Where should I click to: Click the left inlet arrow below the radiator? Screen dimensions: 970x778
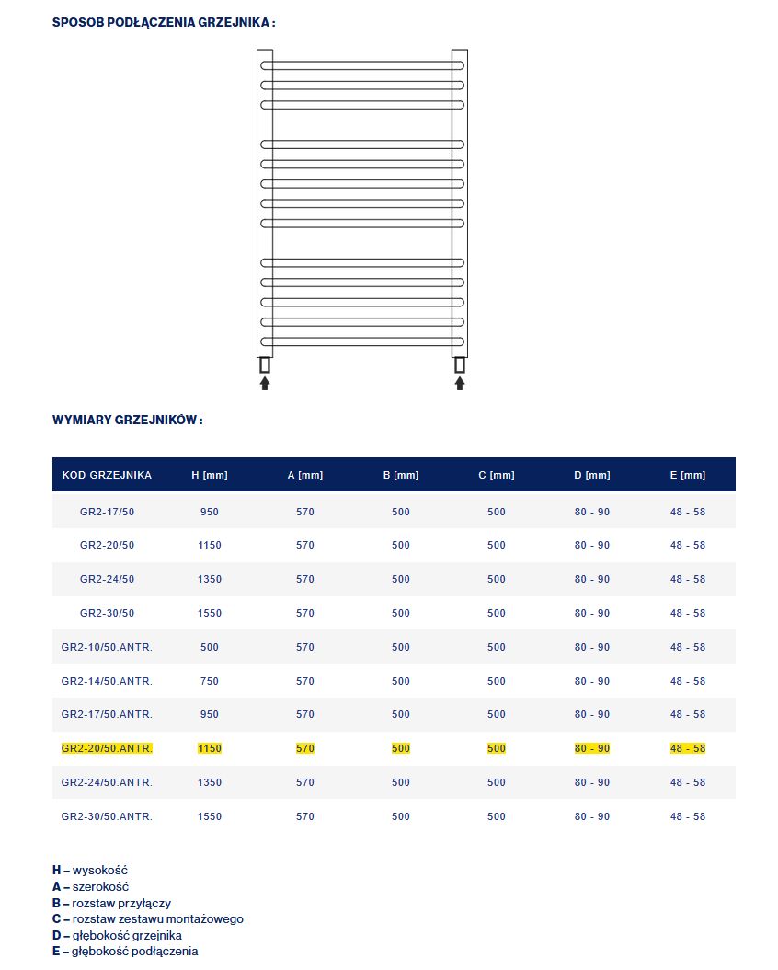(x=265, y=383)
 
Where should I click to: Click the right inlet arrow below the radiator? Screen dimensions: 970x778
(x=460, y=383)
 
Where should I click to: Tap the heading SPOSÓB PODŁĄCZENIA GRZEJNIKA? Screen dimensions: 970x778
(x=164, y=22)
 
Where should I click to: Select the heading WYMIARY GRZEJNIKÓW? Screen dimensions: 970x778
(x=128, y=420)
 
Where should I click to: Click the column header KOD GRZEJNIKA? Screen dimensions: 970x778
(x=107, y=475)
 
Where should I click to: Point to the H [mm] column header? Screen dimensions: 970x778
(x=210, y=475)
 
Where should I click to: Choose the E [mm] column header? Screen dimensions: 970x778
(x=688, y=475)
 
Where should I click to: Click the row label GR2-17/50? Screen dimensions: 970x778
(x=107, y=512)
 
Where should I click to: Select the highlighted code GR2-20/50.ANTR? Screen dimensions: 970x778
(x=107, y=748)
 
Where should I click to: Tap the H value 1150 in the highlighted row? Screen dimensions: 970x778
(x=210, y=748)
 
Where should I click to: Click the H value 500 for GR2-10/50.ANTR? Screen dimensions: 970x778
(x=210, y=647)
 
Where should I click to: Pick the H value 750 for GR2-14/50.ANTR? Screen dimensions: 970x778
(x=210, y=681)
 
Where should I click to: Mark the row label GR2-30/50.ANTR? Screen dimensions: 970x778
(x=107, y=816)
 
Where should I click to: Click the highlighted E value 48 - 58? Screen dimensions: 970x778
(x=688, y=748)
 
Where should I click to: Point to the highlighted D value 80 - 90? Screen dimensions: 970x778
(x=592, y=748)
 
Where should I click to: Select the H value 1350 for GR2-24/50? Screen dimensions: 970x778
(x=210, y=579)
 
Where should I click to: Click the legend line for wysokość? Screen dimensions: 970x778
(x=90, y=870)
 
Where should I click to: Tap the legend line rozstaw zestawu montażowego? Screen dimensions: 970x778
(x=148, y=918)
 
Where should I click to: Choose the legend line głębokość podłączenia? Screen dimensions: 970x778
(x=125, y=951)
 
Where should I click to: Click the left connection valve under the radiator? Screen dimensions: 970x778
(x=265, y=364)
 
